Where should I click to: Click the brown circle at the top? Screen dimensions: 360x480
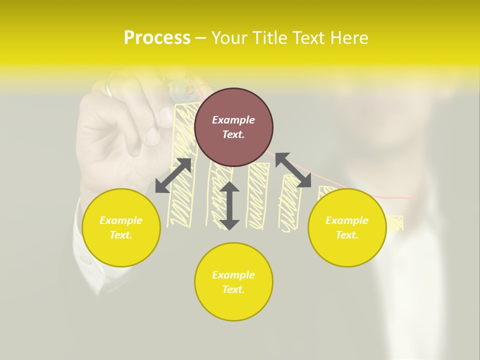click(x=233, y=127)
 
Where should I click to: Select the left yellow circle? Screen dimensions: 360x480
click(x=121, y=227)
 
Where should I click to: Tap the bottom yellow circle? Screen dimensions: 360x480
click(x=233, y=282)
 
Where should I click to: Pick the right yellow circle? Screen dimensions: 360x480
click(x=347, y=227)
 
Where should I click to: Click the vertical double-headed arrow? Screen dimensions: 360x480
click(x=229, y=205)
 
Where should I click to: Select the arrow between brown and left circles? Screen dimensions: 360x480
click(x=173, y=175)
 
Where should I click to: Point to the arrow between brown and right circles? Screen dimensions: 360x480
click(x=293, y=170)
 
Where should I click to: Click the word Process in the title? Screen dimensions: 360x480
click(x=157, y=38)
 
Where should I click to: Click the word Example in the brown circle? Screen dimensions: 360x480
click(x=233, y=120)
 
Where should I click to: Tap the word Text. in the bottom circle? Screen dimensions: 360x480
click(x=233, y=289)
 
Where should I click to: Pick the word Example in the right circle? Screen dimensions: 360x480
click(x=347, y=220)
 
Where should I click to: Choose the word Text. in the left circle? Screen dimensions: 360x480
click(x=121, y=235)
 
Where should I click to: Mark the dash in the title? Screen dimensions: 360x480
click(x=201, y=38)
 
